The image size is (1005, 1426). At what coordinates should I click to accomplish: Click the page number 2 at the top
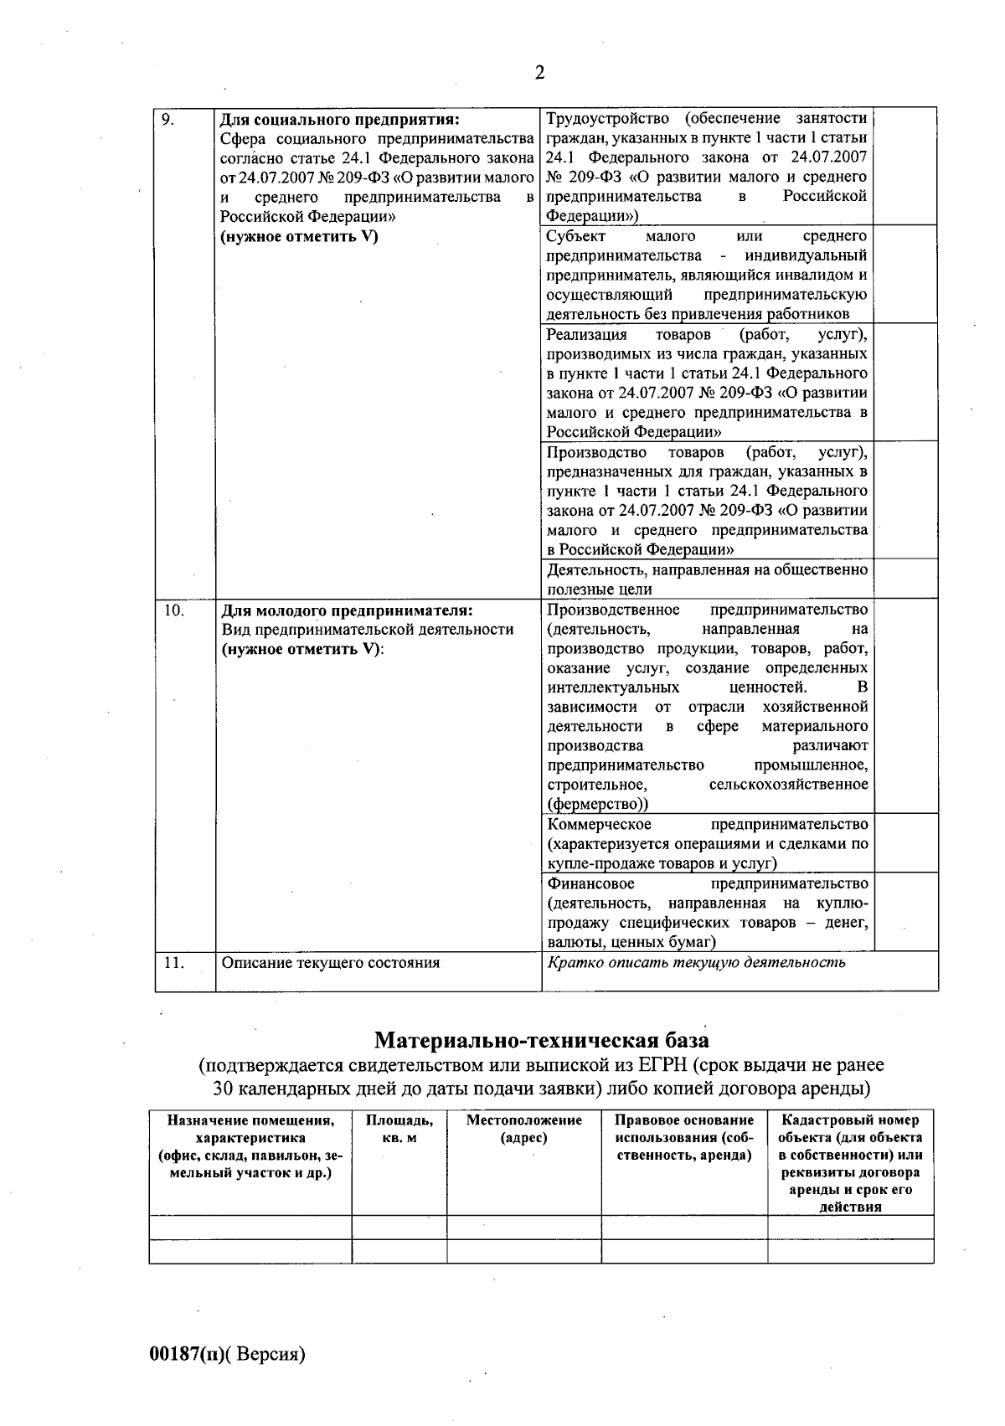(539, 73)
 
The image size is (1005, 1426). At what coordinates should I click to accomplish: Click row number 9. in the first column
(167, 119)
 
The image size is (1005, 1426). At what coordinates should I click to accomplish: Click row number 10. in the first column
(173, 610)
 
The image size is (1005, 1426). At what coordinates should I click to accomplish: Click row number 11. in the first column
(173, 963)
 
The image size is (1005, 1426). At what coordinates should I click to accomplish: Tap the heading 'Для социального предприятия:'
(340, 119)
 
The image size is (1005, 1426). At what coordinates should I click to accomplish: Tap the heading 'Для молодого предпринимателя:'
(347, 610)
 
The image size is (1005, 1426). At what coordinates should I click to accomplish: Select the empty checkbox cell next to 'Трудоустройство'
(904, 166)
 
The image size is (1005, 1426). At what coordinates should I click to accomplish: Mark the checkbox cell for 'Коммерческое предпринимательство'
(904, 843)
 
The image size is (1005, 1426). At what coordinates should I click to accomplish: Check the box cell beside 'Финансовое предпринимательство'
(904, 912)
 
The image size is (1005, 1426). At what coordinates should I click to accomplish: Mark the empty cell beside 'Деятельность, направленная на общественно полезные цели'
(904, 579)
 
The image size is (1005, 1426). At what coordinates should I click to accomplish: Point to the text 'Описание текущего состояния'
(330, 963)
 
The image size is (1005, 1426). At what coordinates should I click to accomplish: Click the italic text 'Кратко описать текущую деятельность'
(696, 962)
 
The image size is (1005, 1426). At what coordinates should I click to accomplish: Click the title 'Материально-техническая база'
(541, 1041)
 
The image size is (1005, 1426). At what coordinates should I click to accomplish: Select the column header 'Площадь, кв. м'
(399, 1129)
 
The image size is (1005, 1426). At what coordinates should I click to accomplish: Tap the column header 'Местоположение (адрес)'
(523, 1129)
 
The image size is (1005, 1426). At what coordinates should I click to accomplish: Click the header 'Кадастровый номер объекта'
(850, 1129)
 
